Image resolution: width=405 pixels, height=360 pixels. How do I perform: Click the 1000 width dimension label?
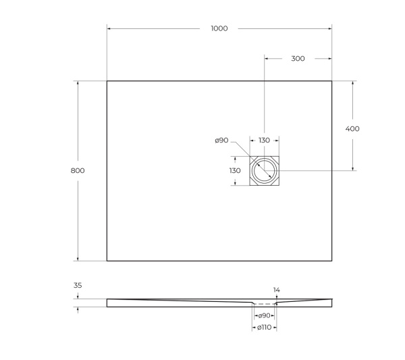(x=219, y=28)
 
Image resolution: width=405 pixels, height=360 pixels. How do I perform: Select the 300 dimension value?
(x=298, y=59)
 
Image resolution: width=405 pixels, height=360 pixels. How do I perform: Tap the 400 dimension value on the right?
(x=352, y=128)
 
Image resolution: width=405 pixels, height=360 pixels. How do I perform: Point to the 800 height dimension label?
(x=78, y=171)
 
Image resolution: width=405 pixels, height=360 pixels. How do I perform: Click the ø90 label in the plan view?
(x=222, y=140)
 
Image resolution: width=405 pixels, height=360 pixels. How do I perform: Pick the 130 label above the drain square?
(x=264, y=140)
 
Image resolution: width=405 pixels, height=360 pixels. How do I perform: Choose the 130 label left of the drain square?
(x=234, y=171)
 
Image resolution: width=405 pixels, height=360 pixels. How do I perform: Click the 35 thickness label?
(x=78, y=286)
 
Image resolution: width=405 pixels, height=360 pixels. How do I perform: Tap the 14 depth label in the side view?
(x=276, y=290)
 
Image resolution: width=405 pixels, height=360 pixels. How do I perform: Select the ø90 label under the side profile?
(x=264, y=315)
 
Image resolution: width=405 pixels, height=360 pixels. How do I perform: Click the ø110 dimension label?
(x=264, y=328)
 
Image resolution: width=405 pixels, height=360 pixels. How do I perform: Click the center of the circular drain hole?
(x=264, y=171)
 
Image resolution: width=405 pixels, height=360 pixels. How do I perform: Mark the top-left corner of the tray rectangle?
(x=107, y=82)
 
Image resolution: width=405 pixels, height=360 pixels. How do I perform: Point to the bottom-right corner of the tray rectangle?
(x=331, y=261)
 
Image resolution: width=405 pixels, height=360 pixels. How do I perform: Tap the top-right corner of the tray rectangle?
(x=331, y=82)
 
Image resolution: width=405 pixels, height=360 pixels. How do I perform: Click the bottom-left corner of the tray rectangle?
(x=107, y=261)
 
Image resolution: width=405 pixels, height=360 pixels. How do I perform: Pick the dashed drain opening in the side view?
(x=264, y=305)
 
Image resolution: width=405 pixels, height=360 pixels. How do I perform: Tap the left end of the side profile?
(x=107, y=303)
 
